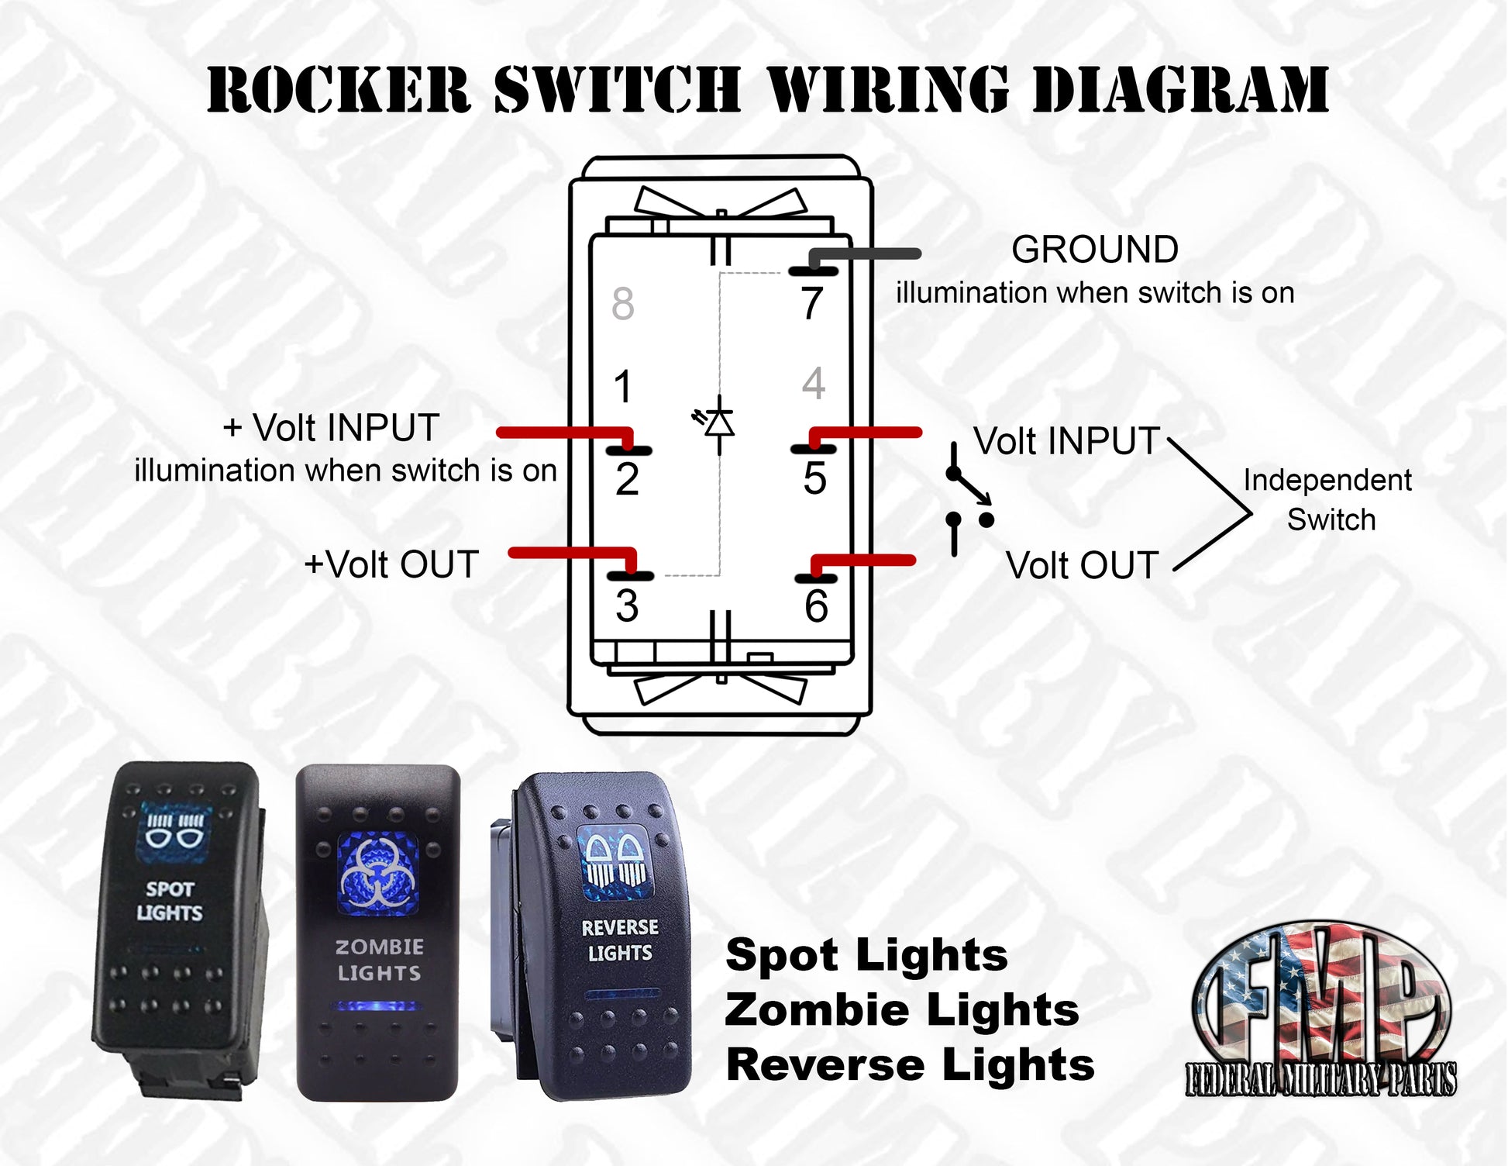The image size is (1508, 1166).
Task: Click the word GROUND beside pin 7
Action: point(1094,250)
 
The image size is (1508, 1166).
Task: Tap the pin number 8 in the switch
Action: point(623,303)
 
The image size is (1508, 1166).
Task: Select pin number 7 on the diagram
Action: point(811,303)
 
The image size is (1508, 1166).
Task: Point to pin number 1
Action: point(623,386)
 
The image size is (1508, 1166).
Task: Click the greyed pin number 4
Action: point(814,383)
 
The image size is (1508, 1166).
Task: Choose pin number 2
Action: point(627,479)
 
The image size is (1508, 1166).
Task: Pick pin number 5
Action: point(814,478)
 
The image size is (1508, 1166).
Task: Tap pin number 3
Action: point(627,605)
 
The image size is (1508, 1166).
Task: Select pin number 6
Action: point(816,605)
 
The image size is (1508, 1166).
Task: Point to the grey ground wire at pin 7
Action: point(868,254)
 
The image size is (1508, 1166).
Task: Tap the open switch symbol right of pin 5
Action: point(967,498)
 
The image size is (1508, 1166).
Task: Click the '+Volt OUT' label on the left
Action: point(391,564)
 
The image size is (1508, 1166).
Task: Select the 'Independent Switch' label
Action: point(1328,499)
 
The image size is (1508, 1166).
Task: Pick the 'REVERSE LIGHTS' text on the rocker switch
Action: point(620,940)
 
